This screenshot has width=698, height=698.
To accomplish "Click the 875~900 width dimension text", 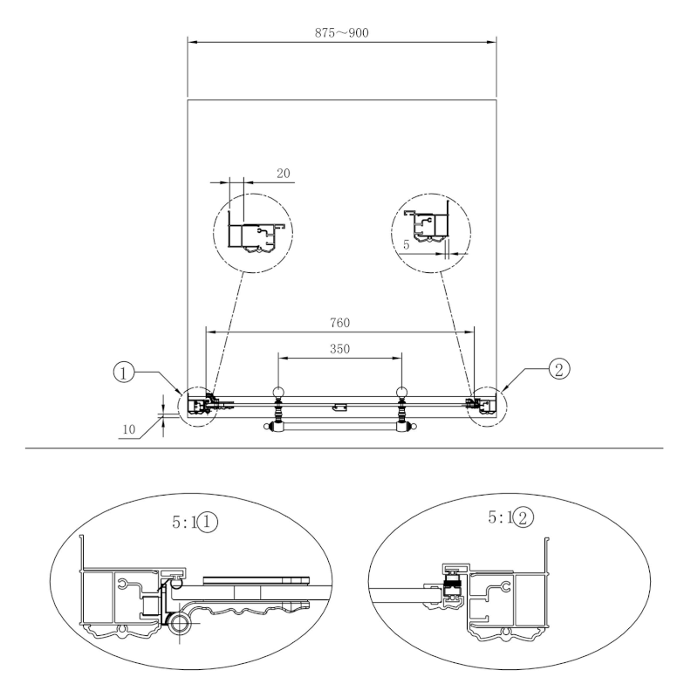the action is pyautogui.click(x=341, y=32).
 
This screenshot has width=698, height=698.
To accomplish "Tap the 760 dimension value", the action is pyautogui.click(x=339, y=322).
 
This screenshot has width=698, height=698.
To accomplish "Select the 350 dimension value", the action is pyautogui.click(x=339, y=348).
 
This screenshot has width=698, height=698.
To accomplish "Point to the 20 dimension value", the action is pyautogui.click(x=283, y=173).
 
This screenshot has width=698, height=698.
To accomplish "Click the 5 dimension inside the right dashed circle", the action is pyautogui.click(x=406, y=244).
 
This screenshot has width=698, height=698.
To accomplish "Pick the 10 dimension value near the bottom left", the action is pyautogui.click(x=128, y=429).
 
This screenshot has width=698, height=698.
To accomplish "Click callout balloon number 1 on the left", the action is pyautogui.click(x=123, y=373).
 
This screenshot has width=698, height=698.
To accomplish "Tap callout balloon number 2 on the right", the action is pyautogui.click(x=558, y=369).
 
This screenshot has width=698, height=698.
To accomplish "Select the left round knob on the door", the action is pyautogui.click(x=278, y=393).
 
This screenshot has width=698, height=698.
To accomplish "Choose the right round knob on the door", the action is pyautogui.click(x=401, y=393).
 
